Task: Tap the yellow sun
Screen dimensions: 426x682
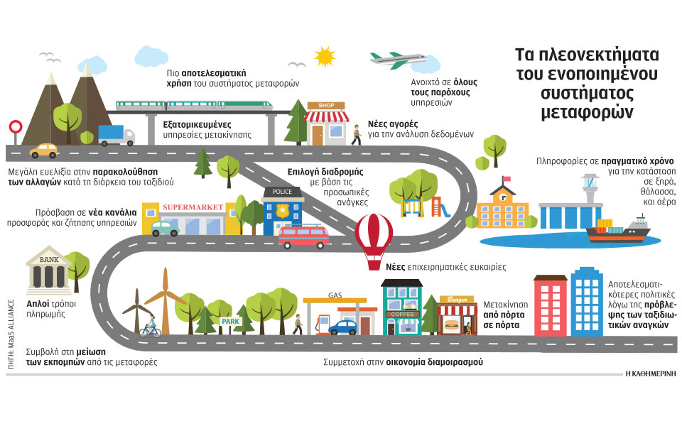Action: pos(325,56)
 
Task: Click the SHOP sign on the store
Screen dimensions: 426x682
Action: pos(326,106)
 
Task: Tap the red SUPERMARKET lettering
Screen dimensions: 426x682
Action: pos(193,208)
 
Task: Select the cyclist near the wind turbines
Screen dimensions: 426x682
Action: pos(150,329)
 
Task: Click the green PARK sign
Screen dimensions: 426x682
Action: pos(232,322)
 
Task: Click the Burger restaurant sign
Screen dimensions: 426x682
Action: pos(454,301)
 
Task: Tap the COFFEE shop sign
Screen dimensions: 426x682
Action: pos(402,314)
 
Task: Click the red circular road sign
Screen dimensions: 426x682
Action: pos(15,127)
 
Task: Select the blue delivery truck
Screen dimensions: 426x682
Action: pos(116,134)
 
